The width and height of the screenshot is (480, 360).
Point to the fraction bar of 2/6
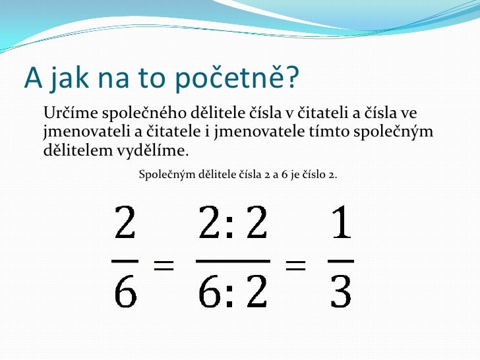tap(125, 260)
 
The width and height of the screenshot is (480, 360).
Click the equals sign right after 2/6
tap(164, 267)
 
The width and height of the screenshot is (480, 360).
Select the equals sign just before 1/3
tap(296, 267)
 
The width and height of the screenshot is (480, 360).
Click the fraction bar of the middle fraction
tap(233, 260)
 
